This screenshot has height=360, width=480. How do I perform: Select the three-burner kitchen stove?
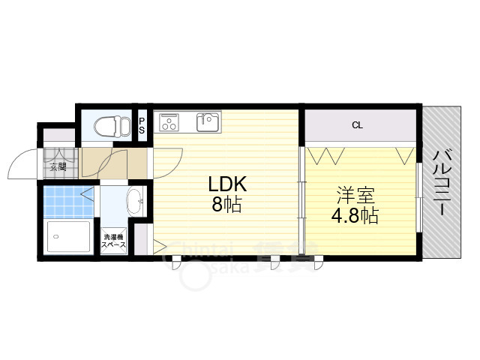point(169,121)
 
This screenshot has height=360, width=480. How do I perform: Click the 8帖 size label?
point(226,205)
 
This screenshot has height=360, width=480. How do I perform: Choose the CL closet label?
point(357,125)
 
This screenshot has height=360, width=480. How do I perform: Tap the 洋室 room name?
point(355,196)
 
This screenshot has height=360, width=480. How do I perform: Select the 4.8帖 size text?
point(355,217)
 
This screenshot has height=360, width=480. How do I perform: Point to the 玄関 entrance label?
point(58,166)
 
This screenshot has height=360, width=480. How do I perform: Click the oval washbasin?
point(135,201)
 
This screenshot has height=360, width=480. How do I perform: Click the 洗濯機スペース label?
point(114,241)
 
